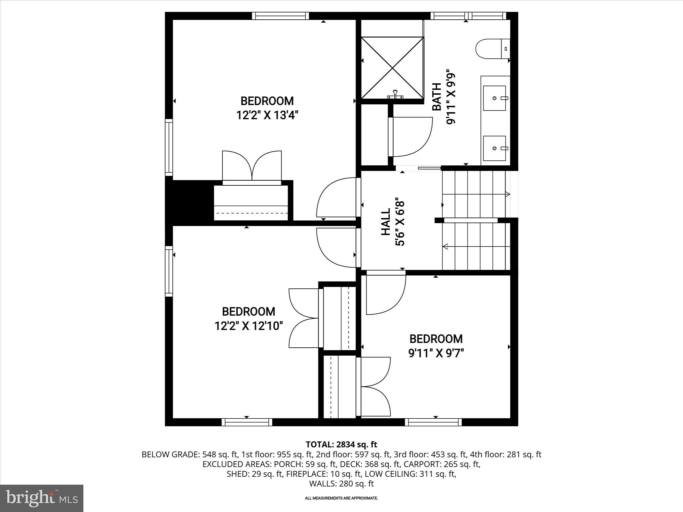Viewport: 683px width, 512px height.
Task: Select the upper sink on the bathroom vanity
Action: (495, 98)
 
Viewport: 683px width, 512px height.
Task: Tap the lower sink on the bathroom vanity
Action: (495, 148)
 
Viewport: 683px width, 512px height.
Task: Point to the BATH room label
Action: (437, 97)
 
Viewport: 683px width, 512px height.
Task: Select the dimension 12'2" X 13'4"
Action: (267, 115)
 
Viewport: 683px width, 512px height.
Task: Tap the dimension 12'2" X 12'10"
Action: (249, 326)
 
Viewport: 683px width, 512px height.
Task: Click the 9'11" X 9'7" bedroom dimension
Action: (436, 353)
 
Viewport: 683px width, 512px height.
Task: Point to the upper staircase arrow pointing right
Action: (507, 194)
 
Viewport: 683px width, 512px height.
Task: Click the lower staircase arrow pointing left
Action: (446, 247)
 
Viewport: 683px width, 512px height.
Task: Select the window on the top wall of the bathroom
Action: (468, 16)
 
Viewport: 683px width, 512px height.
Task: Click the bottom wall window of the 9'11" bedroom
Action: (433, 422)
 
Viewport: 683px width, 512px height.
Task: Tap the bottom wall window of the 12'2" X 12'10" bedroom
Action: (247, 422)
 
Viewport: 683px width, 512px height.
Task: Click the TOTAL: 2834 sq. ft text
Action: (341, 444)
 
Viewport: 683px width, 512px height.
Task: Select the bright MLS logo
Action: (42, 498)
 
